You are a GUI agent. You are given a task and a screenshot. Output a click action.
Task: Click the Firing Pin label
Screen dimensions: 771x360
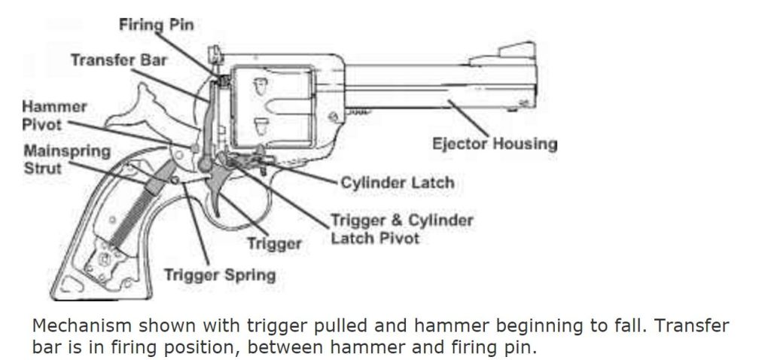click(157, 25)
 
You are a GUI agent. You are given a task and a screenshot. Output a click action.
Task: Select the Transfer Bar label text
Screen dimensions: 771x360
click(119, 60)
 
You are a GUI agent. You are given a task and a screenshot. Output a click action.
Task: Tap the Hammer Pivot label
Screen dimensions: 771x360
click(54, 115)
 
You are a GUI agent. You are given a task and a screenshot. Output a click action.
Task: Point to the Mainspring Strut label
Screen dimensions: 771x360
click(67, 160)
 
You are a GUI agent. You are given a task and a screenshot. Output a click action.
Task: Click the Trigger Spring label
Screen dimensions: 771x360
click(219, 275)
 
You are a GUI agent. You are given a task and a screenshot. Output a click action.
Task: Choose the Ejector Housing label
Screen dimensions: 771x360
click(495, 144)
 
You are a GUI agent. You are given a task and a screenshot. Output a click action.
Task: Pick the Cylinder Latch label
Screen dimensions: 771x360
click(398, 183)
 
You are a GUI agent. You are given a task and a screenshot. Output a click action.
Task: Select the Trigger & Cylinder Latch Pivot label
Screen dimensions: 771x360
click(401, 229)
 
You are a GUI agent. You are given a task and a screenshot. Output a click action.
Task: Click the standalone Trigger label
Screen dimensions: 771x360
click(274, 243)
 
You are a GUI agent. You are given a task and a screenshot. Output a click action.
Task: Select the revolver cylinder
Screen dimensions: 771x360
click(273, 106)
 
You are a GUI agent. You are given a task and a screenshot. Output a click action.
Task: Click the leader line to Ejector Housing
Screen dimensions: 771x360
click(468, 118)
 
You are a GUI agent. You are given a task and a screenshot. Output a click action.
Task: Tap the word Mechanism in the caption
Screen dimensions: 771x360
click(82, 325)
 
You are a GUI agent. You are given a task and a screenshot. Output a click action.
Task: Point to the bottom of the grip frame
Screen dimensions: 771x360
click(101, 296)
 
